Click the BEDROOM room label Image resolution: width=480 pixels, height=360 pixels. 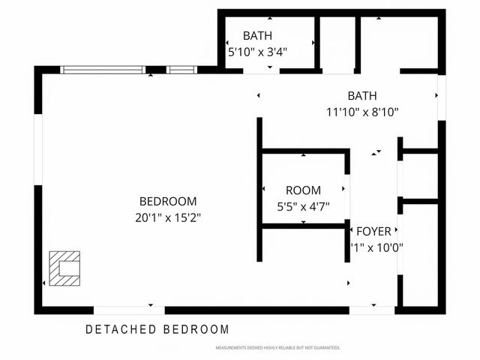[x=168, y=201]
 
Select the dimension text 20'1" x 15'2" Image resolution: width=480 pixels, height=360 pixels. [x=168, y=217]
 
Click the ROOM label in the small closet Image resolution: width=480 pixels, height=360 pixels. [x=303, y=190]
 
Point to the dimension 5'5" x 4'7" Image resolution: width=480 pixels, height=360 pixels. [x=303, y=206]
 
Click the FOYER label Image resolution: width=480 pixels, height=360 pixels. [x=373, y=231]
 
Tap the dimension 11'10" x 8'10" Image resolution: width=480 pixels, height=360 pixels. [x=361, y=112]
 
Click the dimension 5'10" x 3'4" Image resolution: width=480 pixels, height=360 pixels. [x=257, y=52]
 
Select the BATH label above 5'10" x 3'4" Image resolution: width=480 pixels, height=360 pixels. [x=257, y=35]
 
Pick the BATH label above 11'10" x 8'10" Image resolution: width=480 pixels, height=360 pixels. [x=361, y=96]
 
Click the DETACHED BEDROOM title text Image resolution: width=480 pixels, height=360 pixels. [x=157, y=329]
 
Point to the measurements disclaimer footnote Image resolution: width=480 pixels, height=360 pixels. [x=277, y=348]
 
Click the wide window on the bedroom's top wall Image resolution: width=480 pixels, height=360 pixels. [x=102, y=70]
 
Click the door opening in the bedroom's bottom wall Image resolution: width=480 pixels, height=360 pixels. [x=129, y=310]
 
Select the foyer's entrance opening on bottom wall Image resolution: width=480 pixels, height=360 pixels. [x=372, y=310]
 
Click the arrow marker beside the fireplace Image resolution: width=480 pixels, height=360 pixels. [x=45, y=283]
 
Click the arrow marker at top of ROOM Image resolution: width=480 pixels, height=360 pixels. [x=303, y=154]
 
